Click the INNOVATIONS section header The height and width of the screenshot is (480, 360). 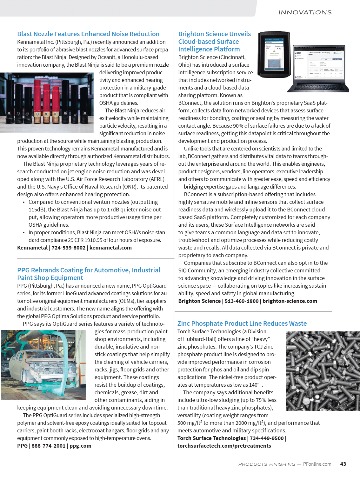coord(305,12)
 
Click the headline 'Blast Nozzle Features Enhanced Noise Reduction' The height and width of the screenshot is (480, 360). coord(88,34)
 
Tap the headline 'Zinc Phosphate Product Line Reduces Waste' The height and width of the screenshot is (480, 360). coord(242,323)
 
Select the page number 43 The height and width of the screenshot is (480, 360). coord(343,464)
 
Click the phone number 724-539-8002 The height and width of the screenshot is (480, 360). coord(69,248)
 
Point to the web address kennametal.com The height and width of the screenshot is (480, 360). coord(110,248)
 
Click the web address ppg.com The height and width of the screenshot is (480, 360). coord(80,446)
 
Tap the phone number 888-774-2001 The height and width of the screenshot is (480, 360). coord(48,446)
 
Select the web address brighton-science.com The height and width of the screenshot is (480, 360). coord(290,301)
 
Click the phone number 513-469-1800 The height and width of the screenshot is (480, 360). coord(242,301)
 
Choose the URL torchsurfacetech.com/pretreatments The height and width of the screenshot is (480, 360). coord(224,446)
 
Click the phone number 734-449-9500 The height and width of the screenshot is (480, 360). coord(267,438)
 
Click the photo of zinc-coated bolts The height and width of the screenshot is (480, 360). coord(323,371)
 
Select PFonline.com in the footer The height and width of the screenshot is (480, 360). coord(317,464)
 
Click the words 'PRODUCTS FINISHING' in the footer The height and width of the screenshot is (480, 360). coord(267,464)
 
